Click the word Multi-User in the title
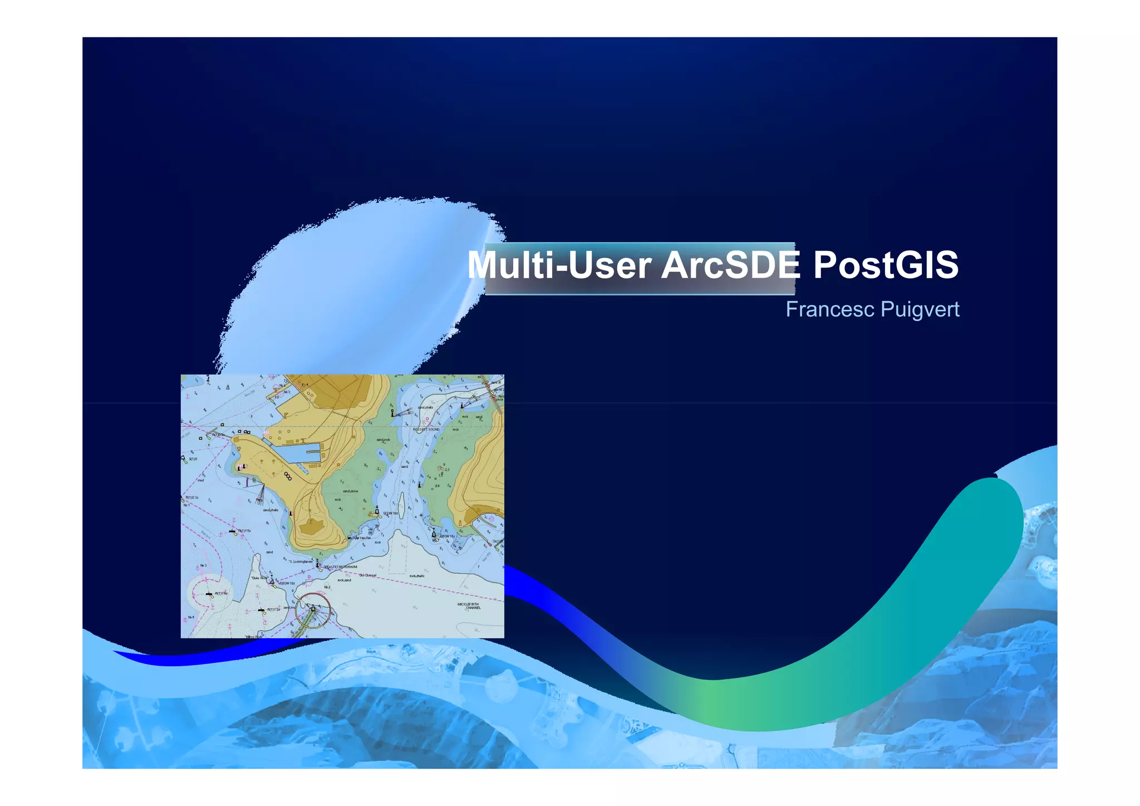click(x=559, y=265)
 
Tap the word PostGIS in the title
click(x=886, y=265)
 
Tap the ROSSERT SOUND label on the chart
click(x=426, y=429)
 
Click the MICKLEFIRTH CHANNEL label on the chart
click(x=468, y=606)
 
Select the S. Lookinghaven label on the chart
click(x=301, y=561)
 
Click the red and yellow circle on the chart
click(x=313, y=609)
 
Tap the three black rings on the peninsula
click(x=288, y=476)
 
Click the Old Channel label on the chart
click(x=368, y=575)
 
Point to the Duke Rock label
click(x=259, y=578)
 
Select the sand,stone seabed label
click(x=350, y=491)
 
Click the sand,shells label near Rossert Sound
click(x=425, y=407)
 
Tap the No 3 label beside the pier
click(x=287, y=392)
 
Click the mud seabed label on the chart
click(x=201, y=480)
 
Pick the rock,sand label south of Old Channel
click(x=344, y=580)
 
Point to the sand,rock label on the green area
click(x=383, y=439)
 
